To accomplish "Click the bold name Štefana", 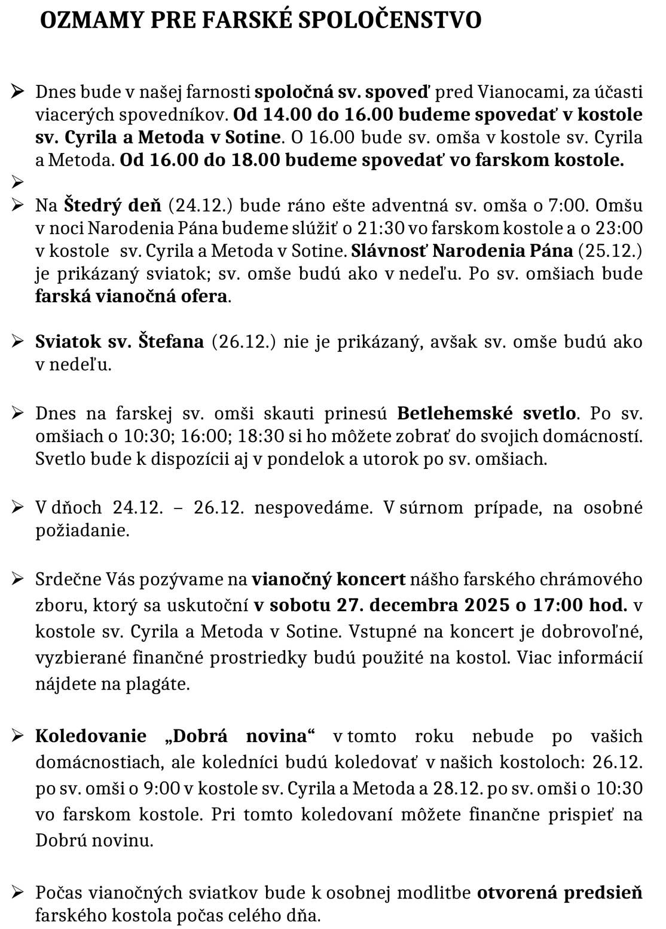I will [x=171, y=342].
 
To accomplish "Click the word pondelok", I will [x=298, y=459].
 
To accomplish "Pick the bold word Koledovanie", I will [x=91, y=736].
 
